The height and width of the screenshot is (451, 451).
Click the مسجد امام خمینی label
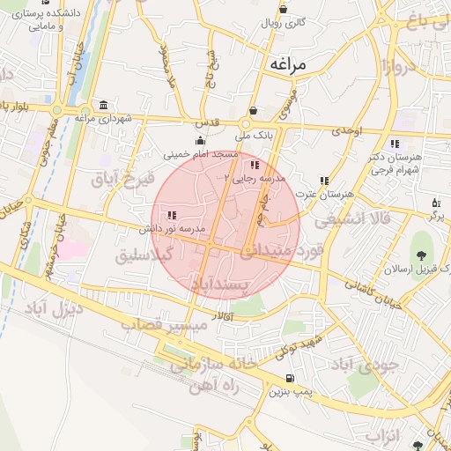(202, 154)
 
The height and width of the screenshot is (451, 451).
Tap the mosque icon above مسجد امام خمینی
(202, 141)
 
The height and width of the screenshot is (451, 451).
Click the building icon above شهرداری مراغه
(104, 105)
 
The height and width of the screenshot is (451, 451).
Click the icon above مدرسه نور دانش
(171, 215)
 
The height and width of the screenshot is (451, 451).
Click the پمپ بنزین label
(290, 388)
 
